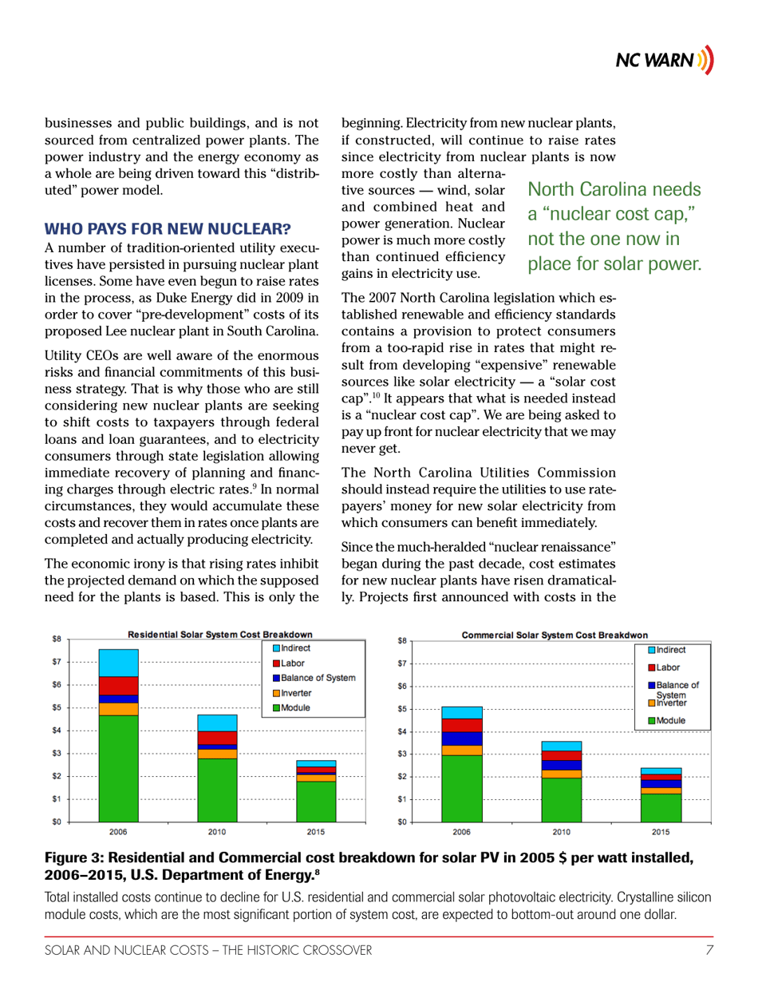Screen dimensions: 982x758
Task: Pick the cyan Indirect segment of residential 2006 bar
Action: [118, 663]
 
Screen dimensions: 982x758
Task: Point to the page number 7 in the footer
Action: [709, 949]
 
